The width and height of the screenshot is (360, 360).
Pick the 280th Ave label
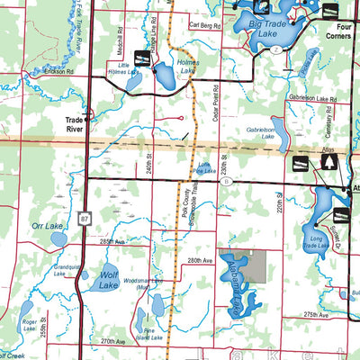(x=200, y=260)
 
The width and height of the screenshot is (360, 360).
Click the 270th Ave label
(x=113, y=341)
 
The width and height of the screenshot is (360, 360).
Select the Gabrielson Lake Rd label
(x=311, y=95)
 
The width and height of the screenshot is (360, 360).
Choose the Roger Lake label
(x=30, y=319)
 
